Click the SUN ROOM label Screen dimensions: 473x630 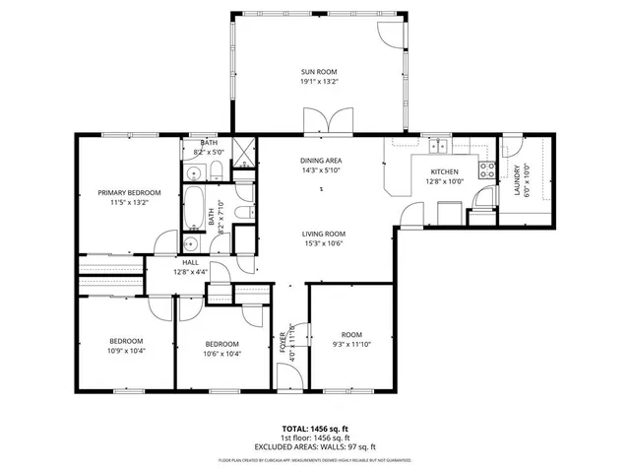pos(320,72)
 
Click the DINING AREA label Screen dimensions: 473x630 pos(321,160)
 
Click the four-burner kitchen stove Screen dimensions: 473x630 pos(485,169)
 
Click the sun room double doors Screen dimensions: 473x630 pos(322,124)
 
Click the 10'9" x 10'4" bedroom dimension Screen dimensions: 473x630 pos(125,350)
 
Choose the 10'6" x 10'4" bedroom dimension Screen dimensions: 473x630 pos(221,353)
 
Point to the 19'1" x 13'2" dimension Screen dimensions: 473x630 pos(320,83)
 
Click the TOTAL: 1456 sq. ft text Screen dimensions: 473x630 pos(315,428)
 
